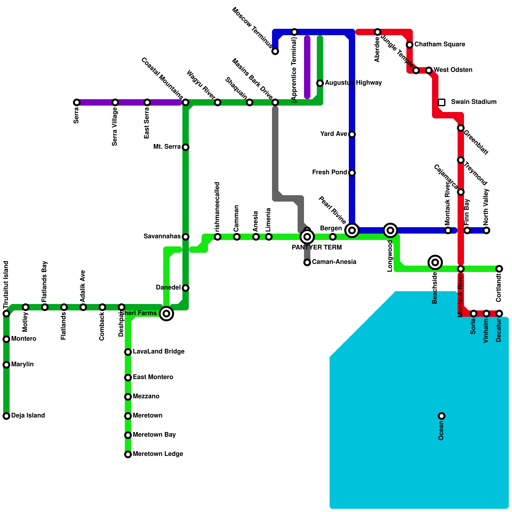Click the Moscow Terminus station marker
275,51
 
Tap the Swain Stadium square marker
442,102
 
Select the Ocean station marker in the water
442,416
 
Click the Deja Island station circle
6,416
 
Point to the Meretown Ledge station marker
128,454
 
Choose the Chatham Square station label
440,44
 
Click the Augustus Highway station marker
320,83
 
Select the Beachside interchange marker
435,262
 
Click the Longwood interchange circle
390,230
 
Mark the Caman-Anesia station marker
307,262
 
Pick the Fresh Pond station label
330,172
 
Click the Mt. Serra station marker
186,147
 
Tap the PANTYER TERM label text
317,247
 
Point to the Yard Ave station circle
352,134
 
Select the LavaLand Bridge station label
159,352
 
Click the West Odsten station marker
429,70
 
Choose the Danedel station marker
186,288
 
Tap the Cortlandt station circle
499,269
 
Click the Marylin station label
22,364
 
